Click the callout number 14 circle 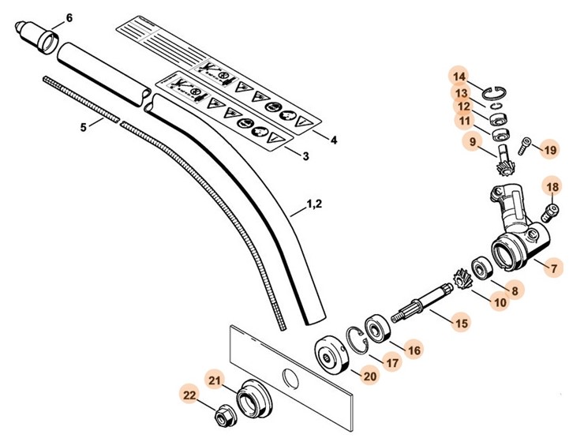(459, 77)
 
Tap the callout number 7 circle (555, 268)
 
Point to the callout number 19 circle (550, 148)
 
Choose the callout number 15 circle (459, 322)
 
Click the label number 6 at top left (68, 17)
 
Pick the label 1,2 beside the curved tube (313, 204)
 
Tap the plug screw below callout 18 (552, 210)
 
